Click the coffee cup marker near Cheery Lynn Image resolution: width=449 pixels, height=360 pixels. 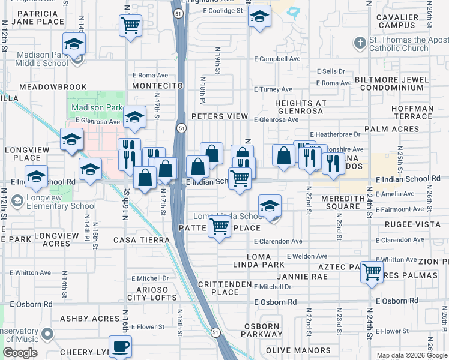pyautogui.click(x=120, y=347)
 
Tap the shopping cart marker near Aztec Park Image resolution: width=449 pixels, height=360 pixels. pyautogui.click(x=372, y=272)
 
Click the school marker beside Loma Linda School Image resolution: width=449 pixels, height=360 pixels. pyautogui.click(x=270, y=206)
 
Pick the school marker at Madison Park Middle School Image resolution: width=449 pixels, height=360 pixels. pyautogui.click(x=74, y=44)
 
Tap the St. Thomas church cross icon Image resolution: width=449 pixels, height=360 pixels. pyautogui.click(x=360, y=43)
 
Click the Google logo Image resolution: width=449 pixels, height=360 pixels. pyautogui.click(x=20, y=353)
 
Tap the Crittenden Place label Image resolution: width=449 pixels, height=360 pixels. pyautogui.click(x=217, y=288)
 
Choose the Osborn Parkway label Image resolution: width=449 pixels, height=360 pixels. pyautogui.click(x=262, y=331)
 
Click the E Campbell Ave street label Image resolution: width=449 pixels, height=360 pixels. pyautogui.click(x=277, y=59)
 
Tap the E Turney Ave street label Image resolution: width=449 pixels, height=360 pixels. pyautogui.click(x=273, y=89)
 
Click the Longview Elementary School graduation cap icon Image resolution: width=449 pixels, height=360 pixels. pyautogui.click(x=17, y=200)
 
